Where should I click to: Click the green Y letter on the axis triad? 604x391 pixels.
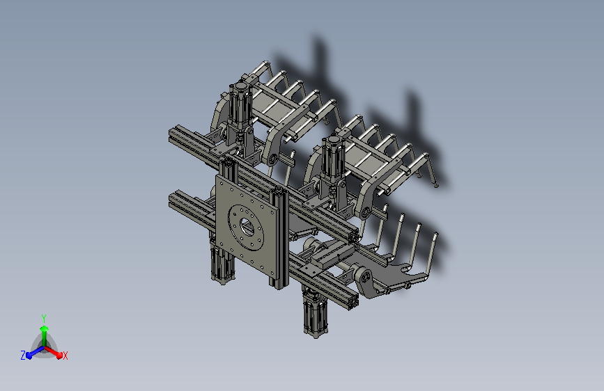pyautogui.click(x=43, y=317)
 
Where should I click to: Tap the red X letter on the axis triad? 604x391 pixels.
pyautogui.click(x=65, y=356)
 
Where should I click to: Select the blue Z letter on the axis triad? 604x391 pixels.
pyautogui.click(x=23, y=355)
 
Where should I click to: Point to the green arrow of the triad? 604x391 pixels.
pyautogui.click(x=43, y=330)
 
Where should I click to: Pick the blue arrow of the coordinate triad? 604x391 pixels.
pyautogui.click(x=32, y=351)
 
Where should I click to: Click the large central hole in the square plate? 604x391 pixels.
pyautogui.click(x=246, y=225)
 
